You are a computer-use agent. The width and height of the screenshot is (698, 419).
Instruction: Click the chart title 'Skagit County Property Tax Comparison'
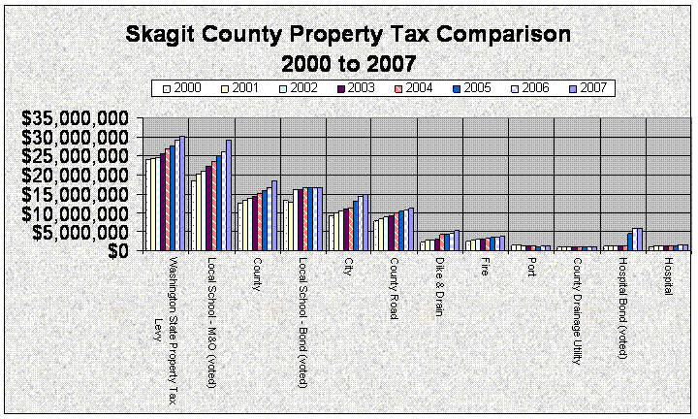pos(348,37)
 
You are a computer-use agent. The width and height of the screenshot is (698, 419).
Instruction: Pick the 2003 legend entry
pos(355,88)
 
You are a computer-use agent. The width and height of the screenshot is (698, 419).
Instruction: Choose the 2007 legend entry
pos(587,88)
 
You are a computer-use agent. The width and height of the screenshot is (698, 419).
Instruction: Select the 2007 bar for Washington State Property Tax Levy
pos(182,194)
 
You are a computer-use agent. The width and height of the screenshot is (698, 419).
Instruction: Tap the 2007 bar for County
pos(274,215)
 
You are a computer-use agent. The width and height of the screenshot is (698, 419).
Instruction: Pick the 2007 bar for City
pos(365,222)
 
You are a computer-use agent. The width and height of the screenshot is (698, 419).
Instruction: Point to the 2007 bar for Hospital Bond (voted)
pos(640,240)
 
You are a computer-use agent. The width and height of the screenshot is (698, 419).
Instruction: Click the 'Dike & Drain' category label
pos(440,282)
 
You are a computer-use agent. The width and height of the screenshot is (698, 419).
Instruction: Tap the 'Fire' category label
pos(486,268)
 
